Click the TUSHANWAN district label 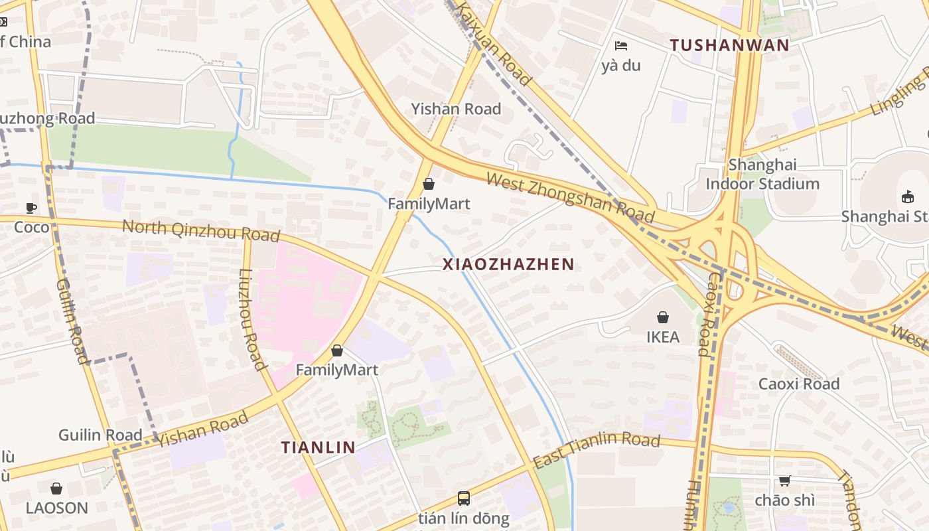[729, 45]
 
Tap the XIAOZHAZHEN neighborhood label [508, 264]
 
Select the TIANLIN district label [318, 447]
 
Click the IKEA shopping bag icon [662, 317]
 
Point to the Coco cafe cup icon [31, 208]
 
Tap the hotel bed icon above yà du [621, 46]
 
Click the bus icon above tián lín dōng [464, 498]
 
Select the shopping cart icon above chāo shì [784, 481]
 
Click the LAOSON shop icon [56, 489]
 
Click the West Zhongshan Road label [570, 198]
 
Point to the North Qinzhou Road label [200, 230]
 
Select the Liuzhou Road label [251, 319]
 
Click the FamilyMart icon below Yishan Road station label [429, 184]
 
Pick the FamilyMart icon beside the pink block [337, 350]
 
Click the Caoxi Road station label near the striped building [798, 384]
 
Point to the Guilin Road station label [100, 435]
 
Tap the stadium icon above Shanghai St [907, 196]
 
